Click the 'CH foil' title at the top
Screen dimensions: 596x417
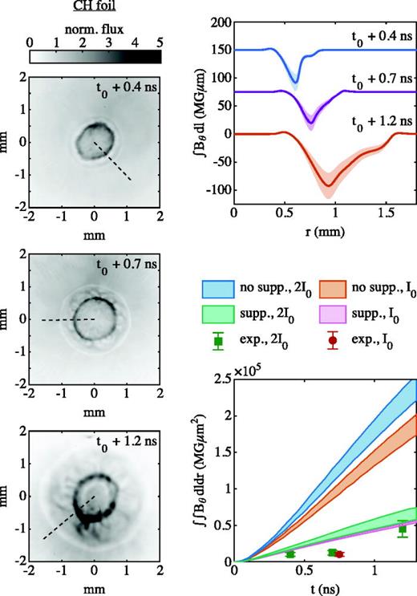point(95,9)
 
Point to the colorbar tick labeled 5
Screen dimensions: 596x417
point(160,40)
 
